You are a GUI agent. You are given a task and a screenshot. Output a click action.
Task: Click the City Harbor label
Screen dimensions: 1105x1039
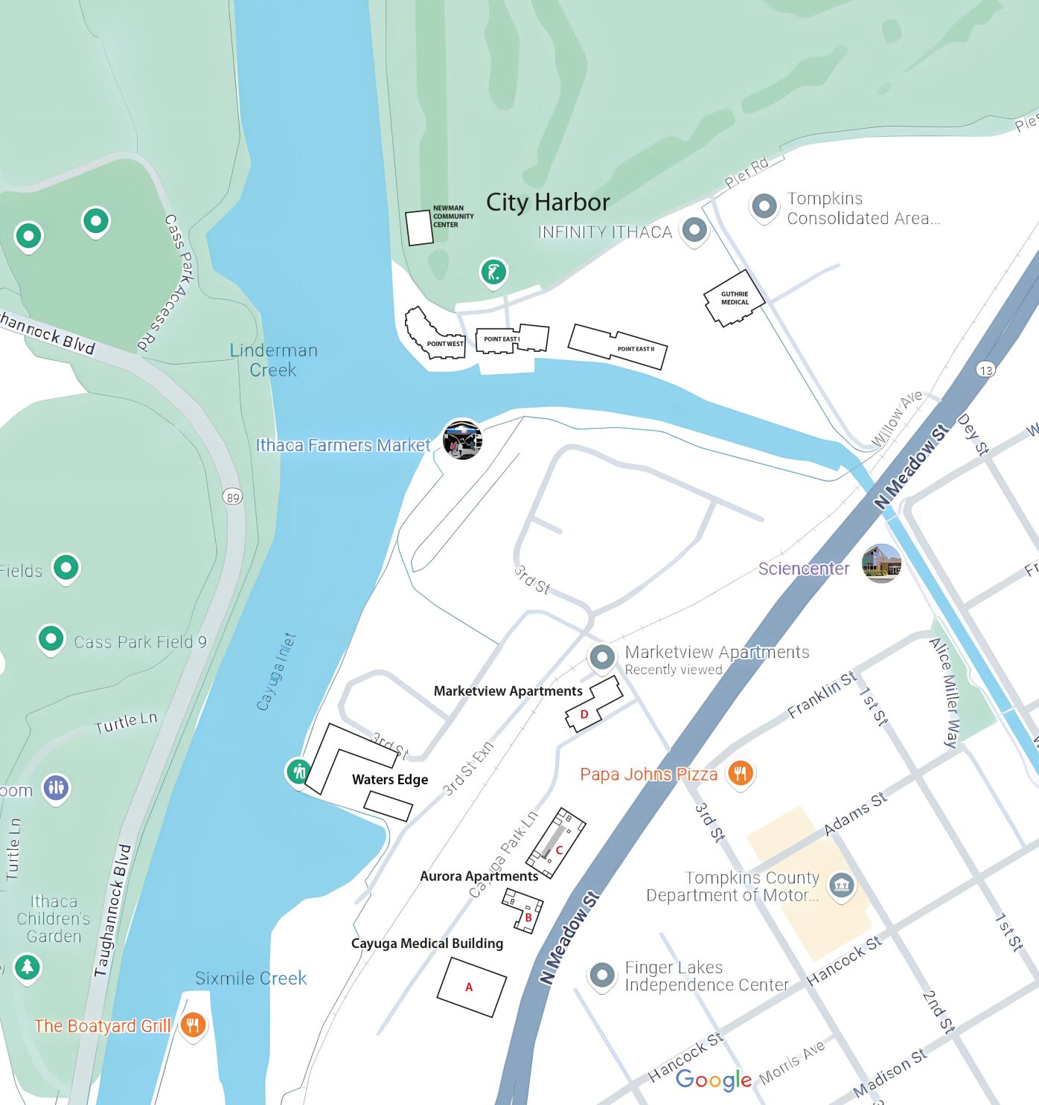tap(548, 202)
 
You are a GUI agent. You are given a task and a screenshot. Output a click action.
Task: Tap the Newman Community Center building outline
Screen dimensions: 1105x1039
tap(419, 228)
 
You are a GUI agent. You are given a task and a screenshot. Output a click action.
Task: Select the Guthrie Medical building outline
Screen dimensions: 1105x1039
tap(734, 298)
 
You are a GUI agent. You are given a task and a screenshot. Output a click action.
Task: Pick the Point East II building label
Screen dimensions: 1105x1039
tap(636, 349)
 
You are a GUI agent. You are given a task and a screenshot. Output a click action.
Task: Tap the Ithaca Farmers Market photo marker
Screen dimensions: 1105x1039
tap(462, 440)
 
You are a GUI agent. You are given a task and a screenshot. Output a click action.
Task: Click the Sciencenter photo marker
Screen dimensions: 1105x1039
tap(881, 563)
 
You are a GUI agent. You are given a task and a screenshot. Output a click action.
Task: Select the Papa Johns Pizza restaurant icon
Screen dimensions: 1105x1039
tap(740, 773)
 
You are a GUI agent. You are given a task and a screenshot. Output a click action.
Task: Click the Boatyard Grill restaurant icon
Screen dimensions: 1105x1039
tap(193, 1025)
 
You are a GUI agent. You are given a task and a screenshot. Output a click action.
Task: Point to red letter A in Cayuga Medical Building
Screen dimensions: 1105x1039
tap(469, 987)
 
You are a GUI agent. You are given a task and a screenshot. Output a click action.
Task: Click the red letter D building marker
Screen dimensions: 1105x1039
tap(584, 714)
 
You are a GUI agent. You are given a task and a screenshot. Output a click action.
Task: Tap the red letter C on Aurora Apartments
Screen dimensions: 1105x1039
tap(559, 850)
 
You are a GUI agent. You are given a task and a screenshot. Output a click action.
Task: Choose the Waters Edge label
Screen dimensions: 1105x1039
tap(390, 780)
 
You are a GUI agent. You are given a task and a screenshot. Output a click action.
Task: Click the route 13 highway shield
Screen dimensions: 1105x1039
tap(986, 370)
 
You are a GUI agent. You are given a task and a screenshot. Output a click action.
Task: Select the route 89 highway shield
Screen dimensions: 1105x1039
tap(233, 497)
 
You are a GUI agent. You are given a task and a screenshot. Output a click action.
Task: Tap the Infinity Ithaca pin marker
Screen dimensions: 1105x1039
tap(694, 230)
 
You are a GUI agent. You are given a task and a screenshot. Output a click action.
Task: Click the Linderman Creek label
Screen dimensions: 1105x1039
tap(273, 360)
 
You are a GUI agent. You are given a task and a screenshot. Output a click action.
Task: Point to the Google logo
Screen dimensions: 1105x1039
tap(714, 1080)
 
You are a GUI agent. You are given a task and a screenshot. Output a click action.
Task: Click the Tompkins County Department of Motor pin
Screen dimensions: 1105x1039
tap(842, 885)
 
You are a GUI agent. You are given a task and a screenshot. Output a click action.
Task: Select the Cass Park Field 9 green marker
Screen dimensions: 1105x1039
tap(51, 638)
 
